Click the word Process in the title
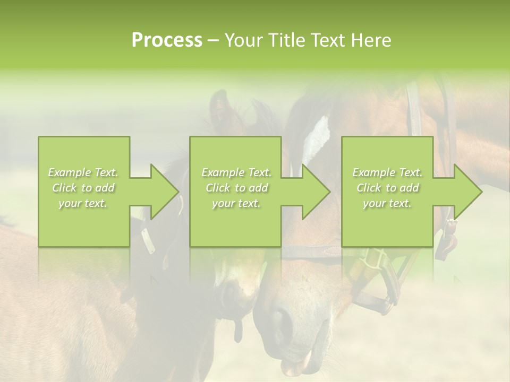click(x=167, y=40)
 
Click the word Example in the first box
click(x=69, y=172)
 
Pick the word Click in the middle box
click(x=218, y=188)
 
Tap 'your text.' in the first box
click(x=83, y=203)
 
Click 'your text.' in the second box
click(x=236, y=203)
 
